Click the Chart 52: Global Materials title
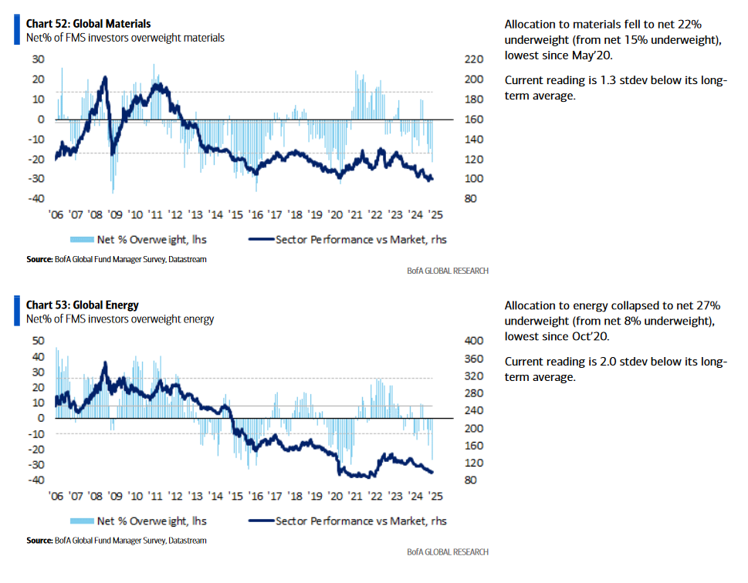pyautogui.click(x=88, y=24)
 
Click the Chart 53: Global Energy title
pyautogui.click(x=82, y=305)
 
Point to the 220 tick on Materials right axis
pyautogui.click(x=474, y=59)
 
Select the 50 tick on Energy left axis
pyautogui.click(x=38, y=340)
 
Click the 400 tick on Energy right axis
pyautogui.click(x=474, y=340)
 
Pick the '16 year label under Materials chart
pyautogui.click(x=256, y=215)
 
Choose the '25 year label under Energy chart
pyautogui.click(x=435, y=496)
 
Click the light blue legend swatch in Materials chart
pyautogui.click(x=82, y=239)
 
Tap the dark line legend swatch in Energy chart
pyautogui.click(x=262, y=521)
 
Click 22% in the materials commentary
pyautogui.click(x=689, y=25)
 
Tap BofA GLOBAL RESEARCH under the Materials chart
pyautogui.click(x=448, y=271)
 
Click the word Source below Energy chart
pyautogui.click(x=39, y=541)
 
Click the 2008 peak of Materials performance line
pyautogui.click(x=106, y=77)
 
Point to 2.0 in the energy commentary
pyautogui.click(x=608, y=362)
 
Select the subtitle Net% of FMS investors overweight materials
pyautogui.click(x=125, y=38)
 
